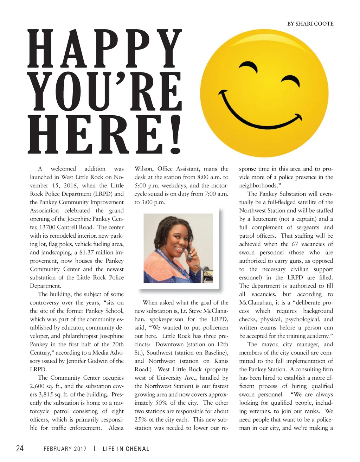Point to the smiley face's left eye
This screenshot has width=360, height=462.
(x=248, y=65)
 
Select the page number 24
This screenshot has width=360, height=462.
(x=20, y=449)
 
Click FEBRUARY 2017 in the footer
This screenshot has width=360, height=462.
(x=65, y=449)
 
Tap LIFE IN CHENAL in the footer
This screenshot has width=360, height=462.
(x=126, y=449)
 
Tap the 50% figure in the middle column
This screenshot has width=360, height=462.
(x=162, y=403)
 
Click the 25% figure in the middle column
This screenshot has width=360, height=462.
(x=141, y=419)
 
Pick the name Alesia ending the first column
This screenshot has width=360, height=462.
(x=116, y=428)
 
